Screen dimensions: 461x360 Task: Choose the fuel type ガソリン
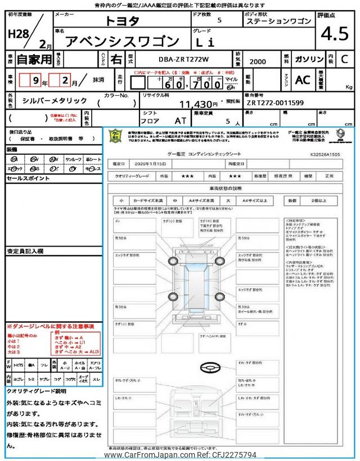(309, 59)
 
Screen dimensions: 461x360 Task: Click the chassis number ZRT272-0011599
(275, 102)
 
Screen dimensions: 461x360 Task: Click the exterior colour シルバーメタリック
(55, 100)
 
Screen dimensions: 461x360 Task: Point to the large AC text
(303, 80)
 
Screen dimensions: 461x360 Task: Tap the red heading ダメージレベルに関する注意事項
(51, 326)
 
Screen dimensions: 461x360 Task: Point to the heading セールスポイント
(28, 178)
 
